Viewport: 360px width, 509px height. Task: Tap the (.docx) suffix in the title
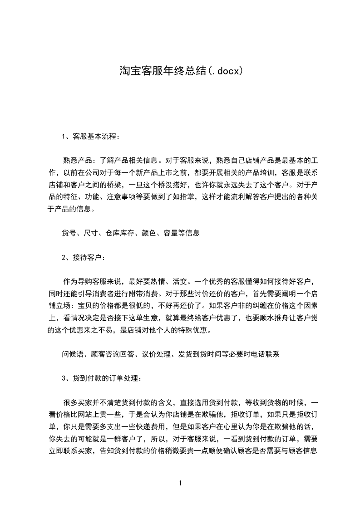(226, 71)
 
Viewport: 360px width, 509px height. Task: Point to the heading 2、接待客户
(84, 257)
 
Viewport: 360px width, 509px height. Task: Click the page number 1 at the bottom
(180, 483)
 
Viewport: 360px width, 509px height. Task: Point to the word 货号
(69, 233)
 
